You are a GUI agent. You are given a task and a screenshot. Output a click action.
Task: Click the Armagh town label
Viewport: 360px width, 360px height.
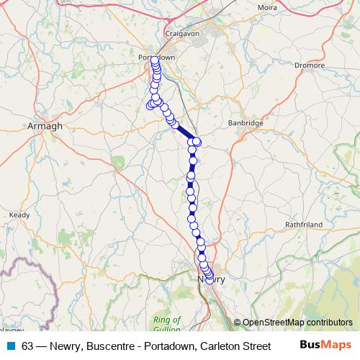[x=45, y=125]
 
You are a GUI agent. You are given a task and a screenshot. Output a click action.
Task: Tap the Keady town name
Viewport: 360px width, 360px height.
[x=20, y=215]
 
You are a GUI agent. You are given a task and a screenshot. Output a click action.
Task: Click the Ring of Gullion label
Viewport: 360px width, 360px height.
[x=167, y=324]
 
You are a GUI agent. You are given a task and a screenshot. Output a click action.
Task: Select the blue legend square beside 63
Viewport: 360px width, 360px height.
[x=10, y=346]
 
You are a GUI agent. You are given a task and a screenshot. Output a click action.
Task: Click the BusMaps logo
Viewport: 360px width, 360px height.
[x=325, y=346]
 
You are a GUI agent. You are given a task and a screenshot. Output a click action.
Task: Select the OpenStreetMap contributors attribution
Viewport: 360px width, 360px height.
[x=297, y=323]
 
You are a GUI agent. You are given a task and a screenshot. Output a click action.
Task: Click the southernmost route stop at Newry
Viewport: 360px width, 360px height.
[x=210, y=281]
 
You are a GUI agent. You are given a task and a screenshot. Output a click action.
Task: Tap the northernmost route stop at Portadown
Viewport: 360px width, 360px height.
[x=155, y=60]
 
